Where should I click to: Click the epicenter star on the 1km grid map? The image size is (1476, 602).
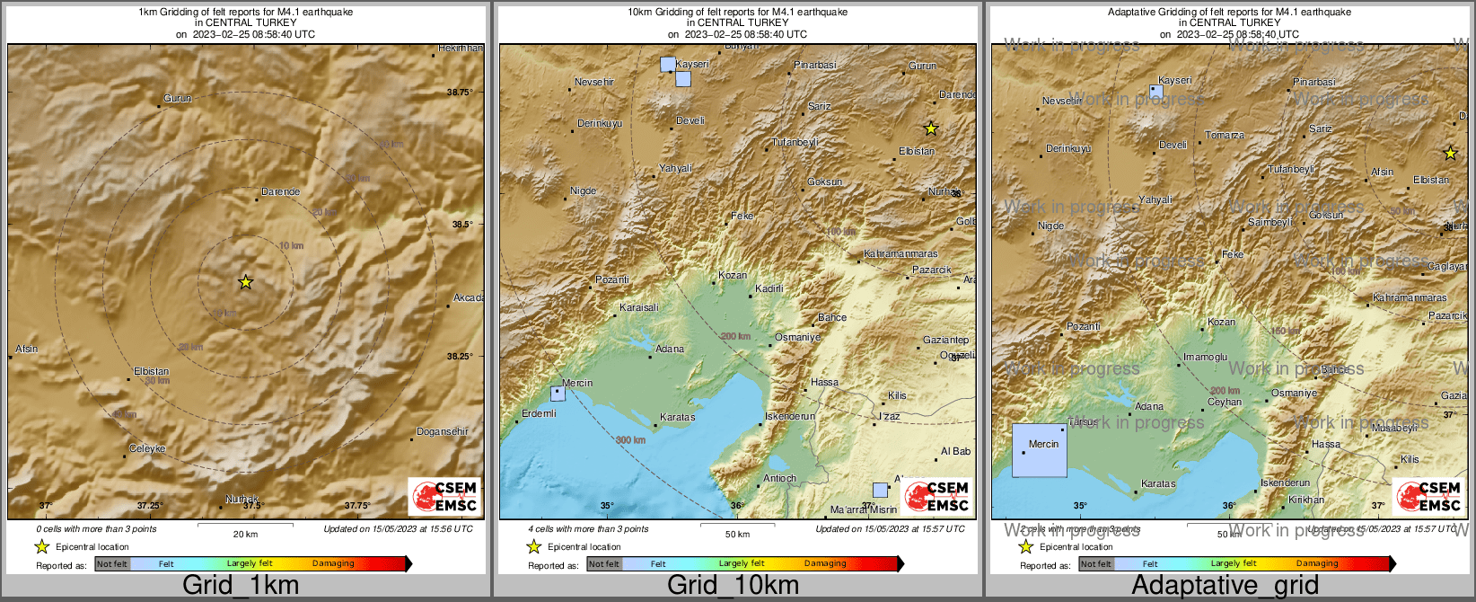pyautogui.click(x=245, y=282)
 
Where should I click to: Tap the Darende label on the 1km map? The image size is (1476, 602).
pyautogui.click(x=280, y=191)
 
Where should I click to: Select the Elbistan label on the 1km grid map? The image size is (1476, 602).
pyautogui.click(x=151, y=371)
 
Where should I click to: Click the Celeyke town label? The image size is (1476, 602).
pyautogui.click(x=147, y=448)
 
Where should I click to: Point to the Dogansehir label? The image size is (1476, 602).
pyautogui.click(x=443, y=431)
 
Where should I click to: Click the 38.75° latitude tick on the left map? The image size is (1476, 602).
pyautogui.click(x=460, y=92)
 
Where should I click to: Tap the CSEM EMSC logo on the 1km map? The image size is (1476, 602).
pyautogui.click(x=444, y=496)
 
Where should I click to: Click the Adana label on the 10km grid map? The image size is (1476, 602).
pyautogui.click(x=670, y=349)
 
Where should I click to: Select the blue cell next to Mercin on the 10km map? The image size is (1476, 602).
pyautogui.click(x=558, y=394)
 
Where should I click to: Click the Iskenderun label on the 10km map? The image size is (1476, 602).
pyautogui.click(x=790, y=416)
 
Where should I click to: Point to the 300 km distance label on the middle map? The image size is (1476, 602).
pyautogui.click(x=630, y=440)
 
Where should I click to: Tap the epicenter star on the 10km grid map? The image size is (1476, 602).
pyautogui.click(x=931, y=128)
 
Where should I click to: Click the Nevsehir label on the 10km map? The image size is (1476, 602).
pyautogui.click(x=594, y=82)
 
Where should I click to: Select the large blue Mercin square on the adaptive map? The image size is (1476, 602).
pyautogui.click(x=1040, y=450)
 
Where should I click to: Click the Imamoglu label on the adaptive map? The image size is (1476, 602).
pyautogui.click(x=1205, y=357)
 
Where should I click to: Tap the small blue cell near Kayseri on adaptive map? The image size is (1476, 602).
pyautogui.click(x=1156, y=92)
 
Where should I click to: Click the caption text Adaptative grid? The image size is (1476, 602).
pyautogui.click(x=1225, y=585)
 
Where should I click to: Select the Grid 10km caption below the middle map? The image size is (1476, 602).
pyautogui.click(x=733, y=585)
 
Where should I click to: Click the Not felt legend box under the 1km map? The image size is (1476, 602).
pyautogui.click(x=112, y=564)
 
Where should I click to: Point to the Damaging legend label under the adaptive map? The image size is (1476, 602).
pyautogui.click(x=1317, y=563)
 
